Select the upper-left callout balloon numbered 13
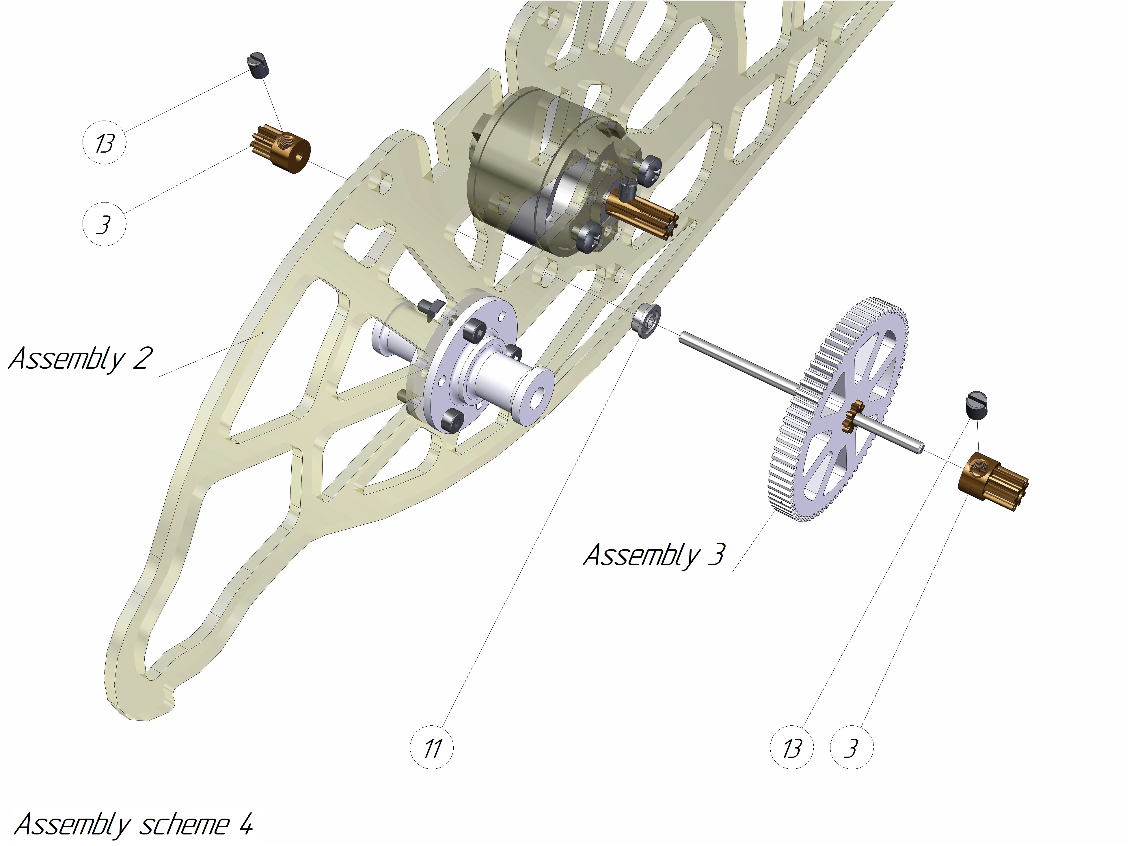point(104,142)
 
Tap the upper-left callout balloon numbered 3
point(104,224)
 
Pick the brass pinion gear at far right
point(994,481)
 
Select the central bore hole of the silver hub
point(536,397)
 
